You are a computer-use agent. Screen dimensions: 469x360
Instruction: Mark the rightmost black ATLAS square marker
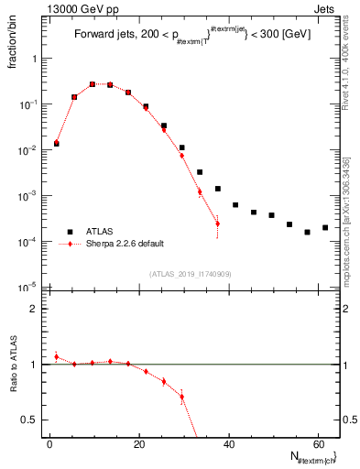325,227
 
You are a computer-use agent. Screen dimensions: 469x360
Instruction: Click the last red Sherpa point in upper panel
217,224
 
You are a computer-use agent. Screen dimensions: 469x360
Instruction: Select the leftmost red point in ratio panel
56,356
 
